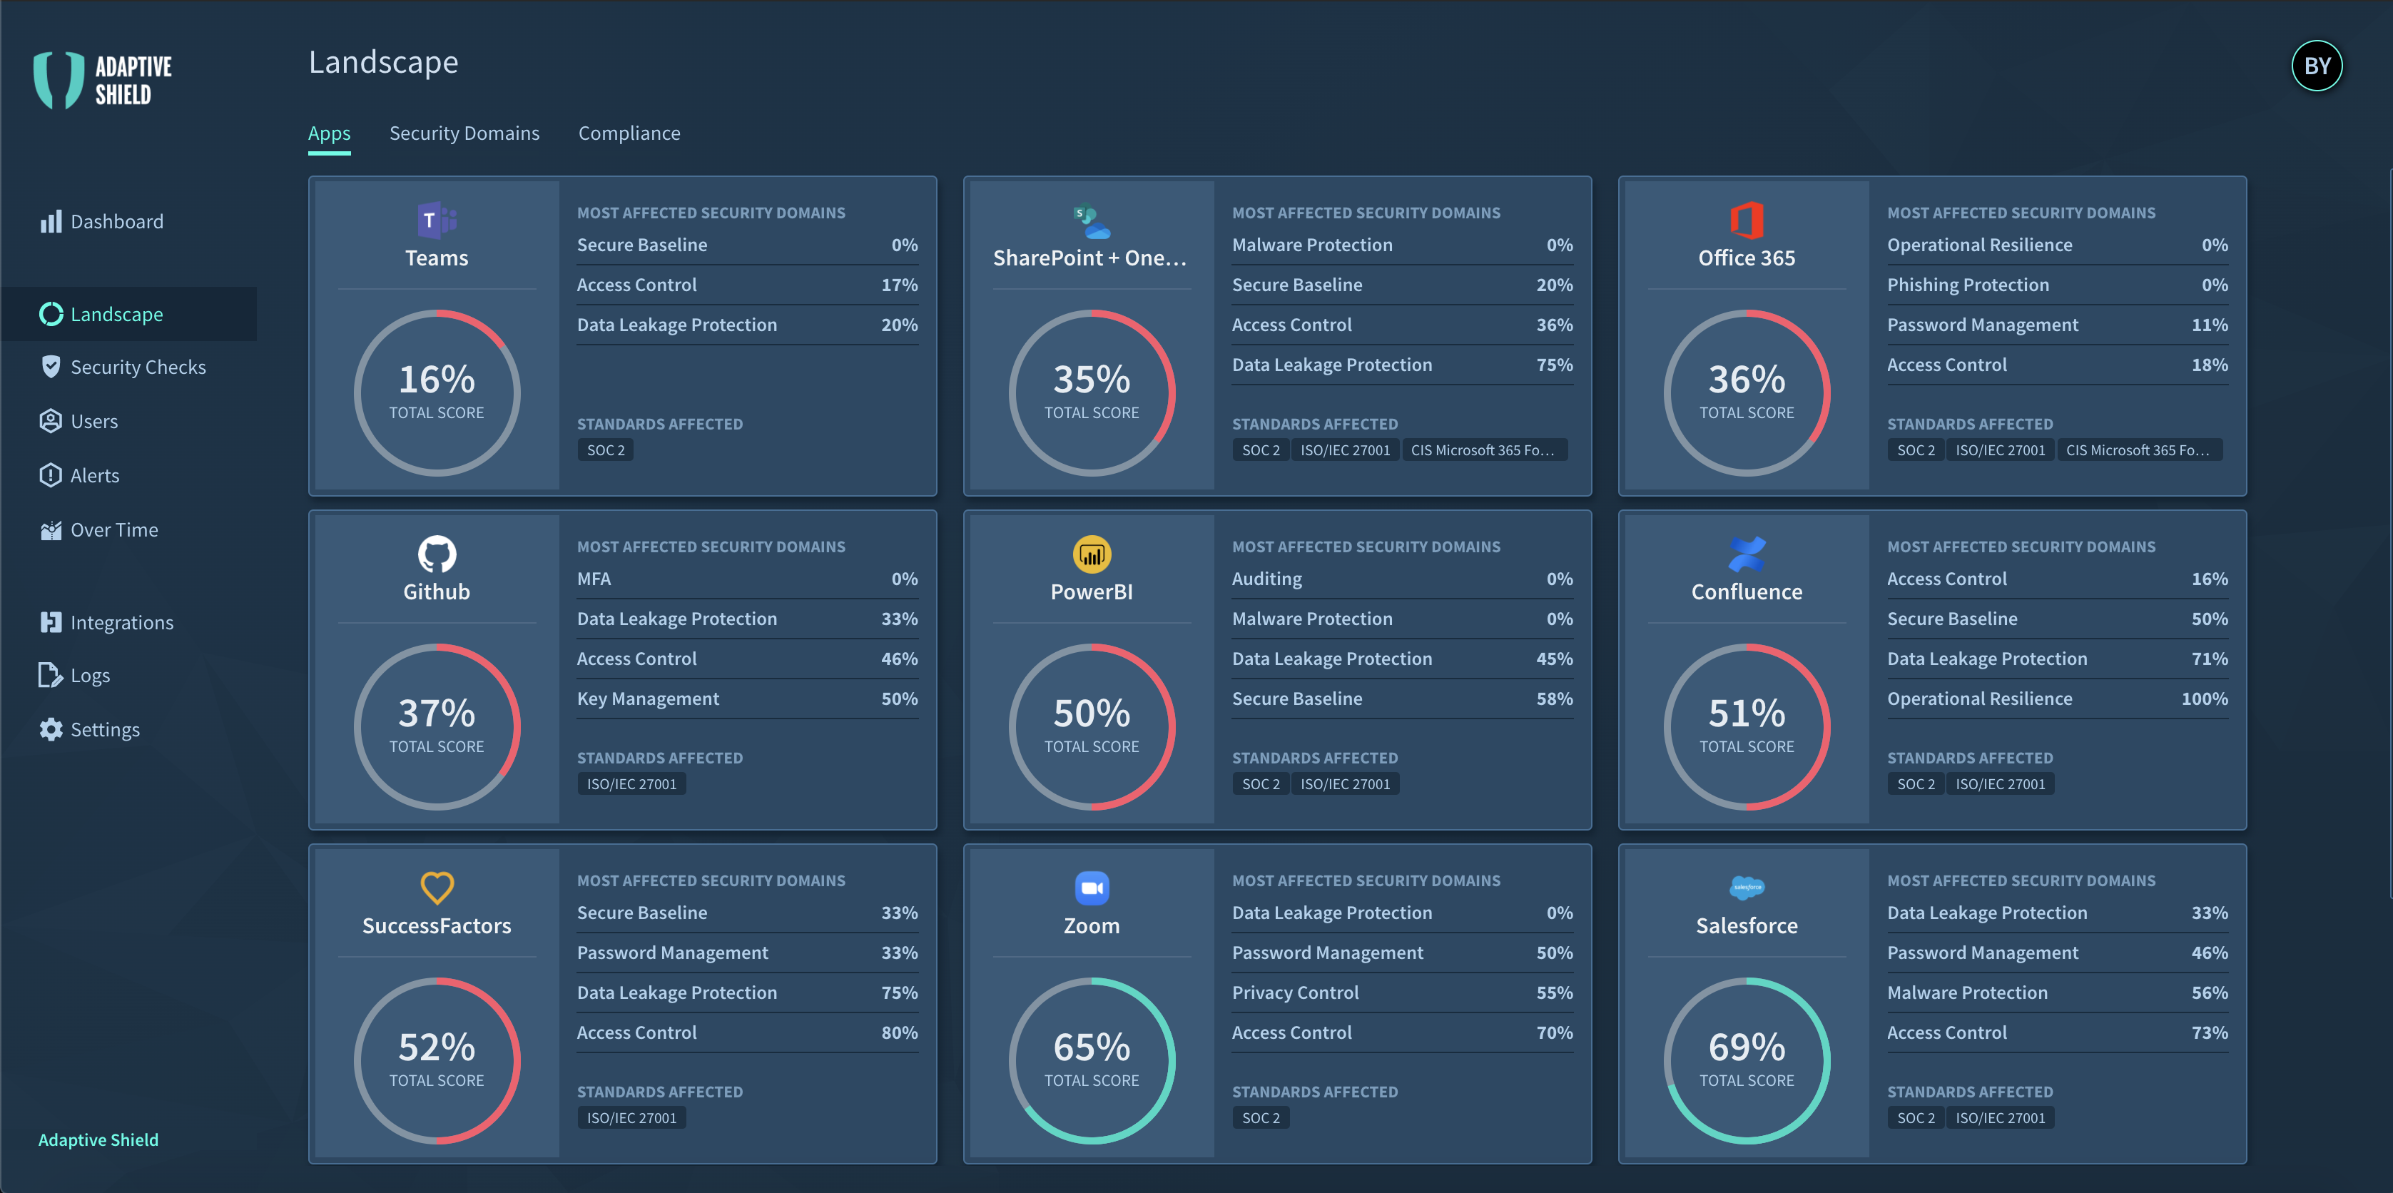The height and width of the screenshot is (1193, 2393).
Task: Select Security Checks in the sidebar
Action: pyautogui.click(x=138, y=367)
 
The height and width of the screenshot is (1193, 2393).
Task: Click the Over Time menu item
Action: pyautogui.click(x=113, y=529)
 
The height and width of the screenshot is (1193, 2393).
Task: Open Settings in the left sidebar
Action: pyautogui.click(x=104, y=729)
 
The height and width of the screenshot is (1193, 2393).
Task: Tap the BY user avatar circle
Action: pyautogui.click(x=2316, y=66)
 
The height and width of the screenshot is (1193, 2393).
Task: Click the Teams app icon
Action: pyautogui.click(x=436, y=220)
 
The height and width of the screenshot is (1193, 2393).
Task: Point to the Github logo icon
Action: pyautogui.click(x=436, y=554)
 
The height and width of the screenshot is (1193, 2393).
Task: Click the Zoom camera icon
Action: pyautogui.click(x=1092, y=888)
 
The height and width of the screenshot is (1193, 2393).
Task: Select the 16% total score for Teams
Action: pyautogui.click(x=436, y=380)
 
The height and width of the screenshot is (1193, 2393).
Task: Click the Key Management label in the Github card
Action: pyautogui.click(x=648, y=699)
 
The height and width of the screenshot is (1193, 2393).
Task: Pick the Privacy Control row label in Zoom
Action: pyautogui.click(x=1295, y=993)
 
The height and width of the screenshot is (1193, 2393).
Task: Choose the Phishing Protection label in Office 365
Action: pyautogui.click(x=1968, y=285)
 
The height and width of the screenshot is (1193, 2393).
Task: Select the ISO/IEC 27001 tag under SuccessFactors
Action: pyautogui.click(x=631, y=1118)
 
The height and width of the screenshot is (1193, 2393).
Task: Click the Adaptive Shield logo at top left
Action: pyautogui.click(x=102, y=80)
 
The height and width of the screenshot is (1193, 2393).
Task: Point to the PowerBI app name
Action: pyautogui.click(x=1092, y=592)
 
